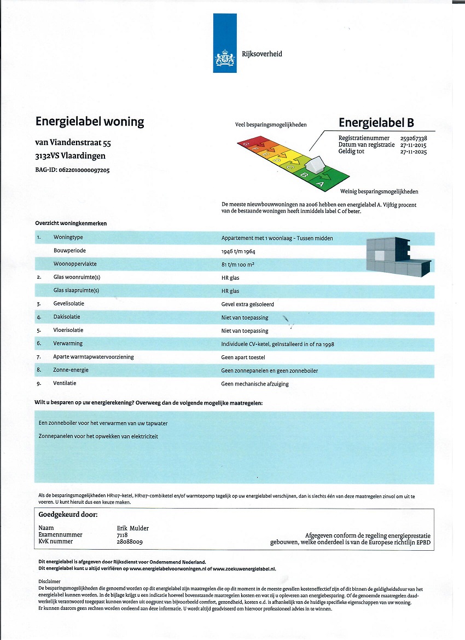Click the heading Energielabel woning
point(89,122)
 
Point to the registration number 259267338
point(414,139)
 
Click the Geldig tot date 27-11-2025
point(414,152)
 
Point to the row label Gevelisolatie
point(69,304)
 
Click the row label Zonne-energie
point(71,370)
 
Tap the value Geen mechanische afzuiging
point(254,384)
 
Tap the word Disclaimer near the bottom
point(50,582)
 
